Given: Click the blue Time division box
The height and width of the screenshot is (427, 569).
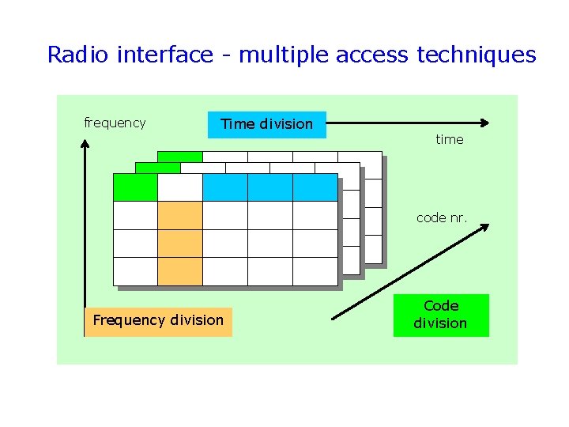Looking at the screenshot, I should click(266, 124).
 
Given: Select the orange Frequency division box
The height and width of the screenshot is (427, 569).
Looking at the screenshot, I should click(158, 321).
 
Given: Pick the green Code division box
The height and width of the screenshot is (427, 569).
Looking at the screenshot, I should click(441, 315).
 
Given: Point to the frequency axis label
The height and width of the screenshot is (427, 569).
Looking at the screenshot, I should click(115, 123).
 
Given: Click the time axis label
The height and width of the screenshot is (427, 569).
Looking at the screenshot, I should click(450, 139).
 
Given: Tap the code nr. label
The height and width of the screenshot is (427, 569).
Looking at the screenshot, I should click(442, 217).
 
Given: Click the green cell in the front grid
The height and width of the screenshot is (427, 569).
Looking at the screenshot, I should click(135, 187).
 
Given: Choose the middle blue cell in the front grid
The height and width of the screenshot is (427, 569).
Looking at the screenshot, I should click(269, 187).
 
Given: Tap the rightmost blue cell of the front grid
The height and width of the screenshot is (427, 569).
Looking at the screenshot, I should click(315, 187).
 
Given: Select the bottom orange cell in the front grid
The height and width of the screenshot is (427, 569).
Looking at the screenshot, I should click(180, 270).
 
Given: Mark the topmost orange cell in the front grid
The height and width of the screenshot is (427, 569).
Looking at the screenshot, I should click(180, 215).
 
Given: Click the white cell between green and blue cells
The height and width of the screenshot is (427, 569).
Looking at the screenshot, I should click(180, 187).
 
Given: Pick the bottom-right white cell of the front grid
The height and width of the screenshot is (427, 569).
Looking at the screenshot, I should click(315, 270).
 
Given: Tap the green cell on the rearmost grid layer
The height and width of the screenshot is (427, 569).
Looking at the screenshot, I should click(179, 156).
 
